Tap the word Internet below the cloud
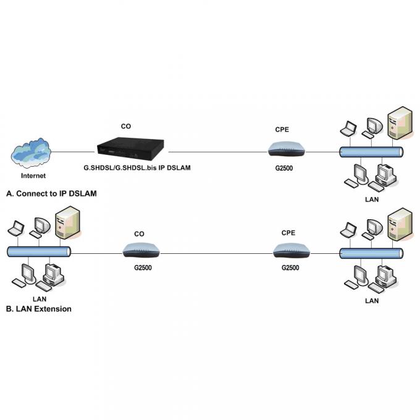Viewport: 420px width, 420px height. coord(28,175)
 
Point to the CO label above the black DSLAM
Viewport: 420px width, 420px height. coord(125,126)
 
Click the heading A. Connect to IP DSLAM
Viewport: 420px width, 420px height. coord(51,193)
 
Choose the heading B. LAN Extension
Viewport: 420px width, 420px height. coord(38,308)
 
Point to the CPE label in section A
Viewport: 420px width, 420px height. coord(282,130)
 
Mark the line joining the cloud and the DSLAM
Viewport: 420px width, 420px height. coord(73,151)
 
